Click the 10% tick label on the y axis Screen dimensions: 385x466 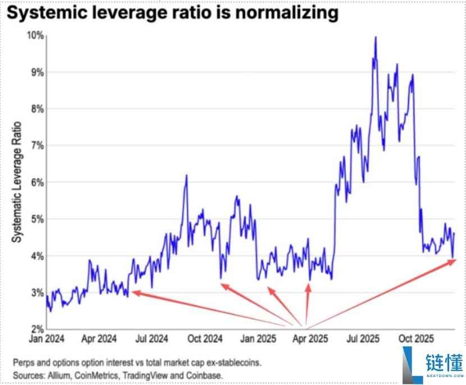point(35,35)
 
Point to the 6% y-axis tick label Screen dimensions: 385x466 point(36,182)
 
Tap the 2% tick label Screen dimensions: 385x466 point(36,329)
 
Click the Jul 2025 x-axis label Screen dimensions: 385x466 point(362,339)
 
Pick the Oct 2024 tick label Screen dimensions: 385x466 point(204,339)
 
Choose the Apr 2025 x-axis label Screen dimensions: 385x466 point(310,339)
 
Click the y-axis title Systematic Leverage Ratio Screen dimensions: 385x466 point(17,182)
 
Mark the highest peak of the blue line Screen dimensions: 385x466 point(375,38)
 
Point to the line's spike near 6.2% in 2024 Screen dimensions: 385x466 point(186,176)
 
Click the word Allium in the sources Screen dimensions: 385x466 point(58,373)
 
